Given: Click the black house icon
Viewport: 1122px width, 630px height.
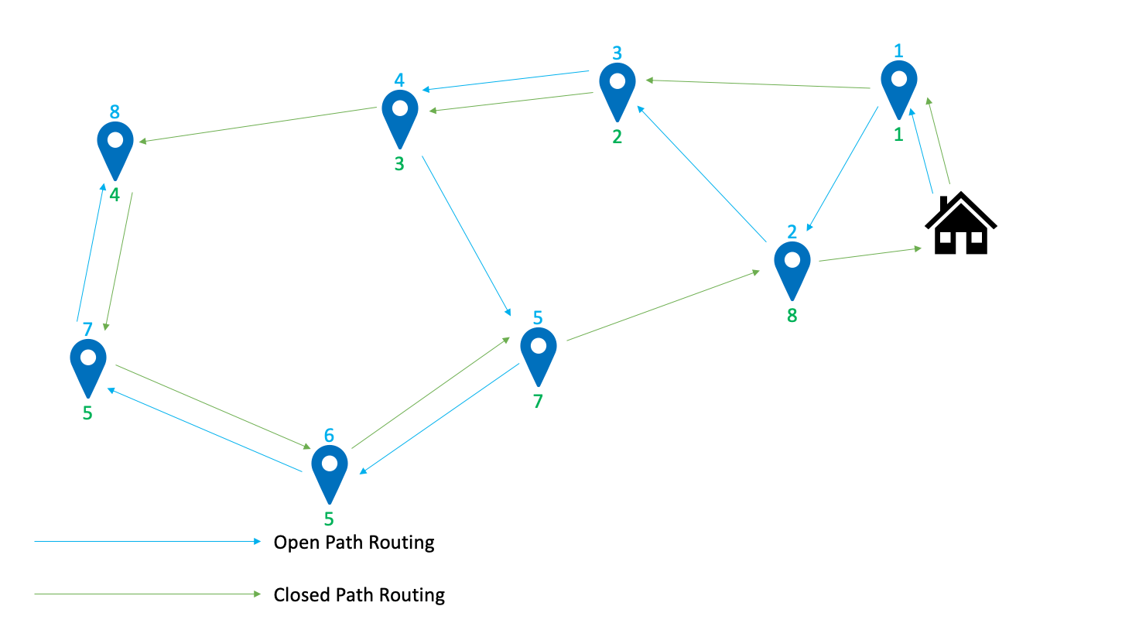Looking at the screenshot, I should click(961, 225).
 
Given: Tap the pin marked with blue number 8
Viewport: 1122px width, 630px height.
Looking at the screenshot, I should click(115, 144).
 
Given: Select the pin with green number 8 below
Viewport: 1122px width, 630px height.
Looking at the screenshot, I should click(792, 267).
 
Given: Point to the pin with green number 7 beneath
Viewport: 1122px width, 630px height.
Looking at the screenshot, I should click(539, 353).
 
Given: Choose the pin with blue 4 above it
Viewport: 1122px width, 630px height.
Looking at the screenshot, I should click(400, 115).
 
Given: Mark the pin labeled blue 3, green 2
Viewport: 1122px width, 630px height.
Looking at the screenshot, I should click(617, 87).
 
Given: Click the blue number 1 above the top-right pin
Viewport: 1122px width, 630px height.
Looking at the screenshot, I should click(898, 52).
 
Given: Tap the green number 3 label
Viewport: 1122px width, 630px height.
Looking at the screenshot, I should click(399, 164).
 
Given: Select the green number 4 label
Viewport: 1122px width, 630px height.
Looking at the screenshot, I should click(115, 195).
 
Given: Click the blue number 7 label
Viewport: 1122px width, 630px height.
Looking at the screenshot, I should click(87, 330).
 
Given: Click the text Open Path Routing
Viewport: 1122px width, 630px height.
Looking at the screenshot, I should click(354, 543).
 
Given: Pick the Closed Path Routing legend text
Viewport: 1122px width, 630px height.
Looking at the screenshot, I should click(359, 595).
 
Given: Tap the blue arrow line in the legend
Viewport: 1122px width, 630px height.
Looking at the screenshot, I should click(147, 542).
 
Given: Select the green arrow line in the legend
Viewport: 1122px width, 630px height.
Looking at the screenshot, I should click(147, 594).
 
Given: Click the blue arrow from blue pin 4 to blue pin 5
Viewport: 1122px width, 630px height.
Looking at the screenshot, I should click(466, 235).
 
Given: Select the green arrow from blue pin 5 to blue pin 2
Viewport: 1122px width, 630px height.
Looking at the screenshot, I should click(662, 306).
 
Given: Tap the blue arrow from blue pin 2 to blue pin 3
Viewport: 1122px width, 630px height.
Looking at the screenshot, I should click(700, 173).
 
